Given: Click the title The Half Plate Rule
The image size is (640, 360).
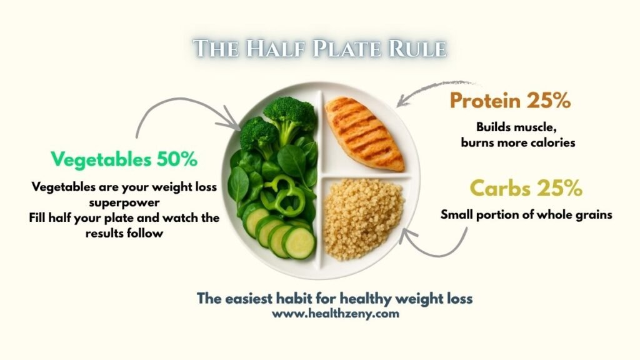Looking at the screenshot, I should point(319,49).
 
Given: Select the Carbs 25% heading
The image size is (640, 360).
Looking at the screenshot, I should point(526,188).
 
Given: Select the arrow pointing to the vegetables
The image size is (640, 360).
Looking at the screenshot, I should point(181,109).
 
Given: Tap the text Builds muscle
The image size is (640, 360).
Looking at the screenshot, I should point(516,127).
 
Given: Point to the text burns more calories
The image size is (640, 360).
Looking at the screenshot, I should point(517,142).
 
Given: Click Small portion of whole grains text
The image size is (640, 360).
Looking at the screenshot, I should point(526,214).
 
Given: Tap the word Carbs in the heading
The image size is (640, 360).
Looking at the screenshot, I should point(501,188).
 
